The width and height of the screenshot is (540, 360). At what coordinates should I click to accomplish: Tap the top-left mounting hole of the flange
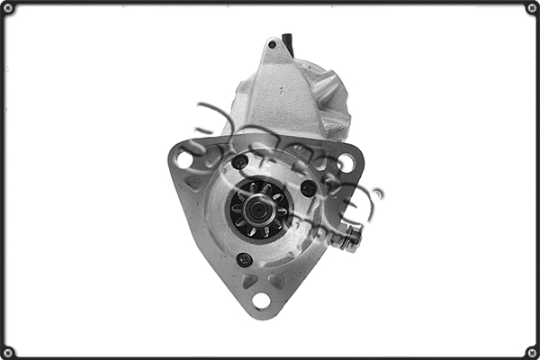[185, 159]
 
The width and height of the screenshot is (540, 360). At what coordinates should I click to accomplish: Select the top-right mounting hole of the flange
[346, 162]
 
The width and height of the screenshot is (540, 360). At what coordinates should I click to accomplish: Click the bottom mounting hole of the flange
[261, 301]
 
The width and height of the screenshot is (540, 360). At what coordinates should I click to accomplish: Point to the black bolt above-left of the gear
[239, 162]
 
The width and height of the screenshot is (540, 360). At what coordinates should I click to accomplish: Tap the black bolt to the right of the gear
[308, 188]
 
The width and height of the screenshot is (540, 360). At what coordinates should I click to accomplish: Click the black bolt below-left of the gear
[244, 259]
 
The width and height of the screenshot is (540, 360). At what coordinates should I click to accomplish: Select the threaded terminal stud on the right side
[348, 237]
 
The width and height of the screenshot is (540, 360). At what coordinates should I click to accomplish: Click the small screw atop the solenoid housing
[272, 44]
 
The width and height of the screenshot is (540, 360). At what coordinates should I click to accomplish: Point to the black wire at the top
[288, 42]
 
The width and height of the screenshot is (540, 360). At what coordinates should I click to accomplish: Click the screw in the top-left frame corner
[7, 7]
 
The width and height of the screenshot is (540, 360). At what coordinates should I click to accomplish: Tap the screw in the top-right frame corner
[532, 7]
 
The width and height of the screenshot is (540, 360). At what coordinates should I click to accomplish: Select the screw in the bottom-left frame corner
[7, 352]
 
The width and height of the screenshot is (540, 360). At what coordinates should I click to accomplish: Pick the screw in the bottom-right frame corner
[532, 352]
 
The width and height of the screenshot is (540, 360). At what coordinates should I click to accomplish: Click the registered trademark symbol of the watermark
[378, 193]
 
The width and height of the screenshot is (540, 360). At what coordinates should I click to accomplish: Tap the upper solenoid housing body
[274, 94]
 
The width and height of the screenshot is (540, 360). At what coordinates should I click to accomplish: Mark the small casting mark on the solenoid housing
[281, 90]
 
